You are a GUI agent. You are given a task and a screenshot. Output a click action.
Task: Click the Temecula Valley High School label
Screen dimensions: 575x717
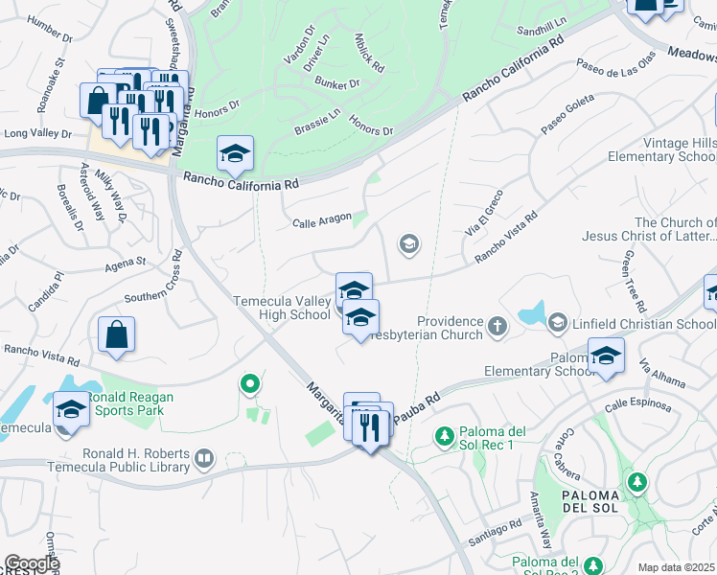tap(284, 308)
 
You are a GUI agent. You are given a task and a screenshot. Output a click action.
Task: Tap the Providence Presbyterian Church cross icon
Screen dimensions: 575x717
tap(497, 327)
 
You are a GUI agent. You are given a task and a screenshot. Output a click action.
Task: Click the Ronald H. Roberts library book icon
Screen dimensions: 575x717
tap(203, 460)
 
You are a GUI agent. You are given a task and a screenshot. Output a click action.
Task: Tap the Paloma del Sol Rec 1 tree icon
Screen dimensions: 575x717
tap(444, 437)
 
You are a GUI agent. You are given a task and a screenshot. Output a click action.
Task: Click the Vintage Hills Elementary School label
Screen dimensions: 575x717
tap(674, 149)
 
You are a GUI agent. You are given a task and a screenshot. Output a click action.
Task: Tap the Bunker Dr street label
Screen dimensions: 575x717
tap(341, 83)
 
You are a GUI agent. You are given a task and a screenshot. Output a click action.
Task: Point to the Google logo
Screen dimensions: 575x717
tap(32, 563)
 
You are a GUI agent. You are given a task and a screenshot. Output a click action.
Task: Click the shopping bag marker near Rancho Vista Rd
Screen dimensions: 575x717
tap(116, 335)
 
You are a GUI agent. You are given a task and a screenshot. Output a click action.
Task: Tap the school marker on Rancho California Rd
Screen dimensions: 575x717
tap(235, 153)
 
